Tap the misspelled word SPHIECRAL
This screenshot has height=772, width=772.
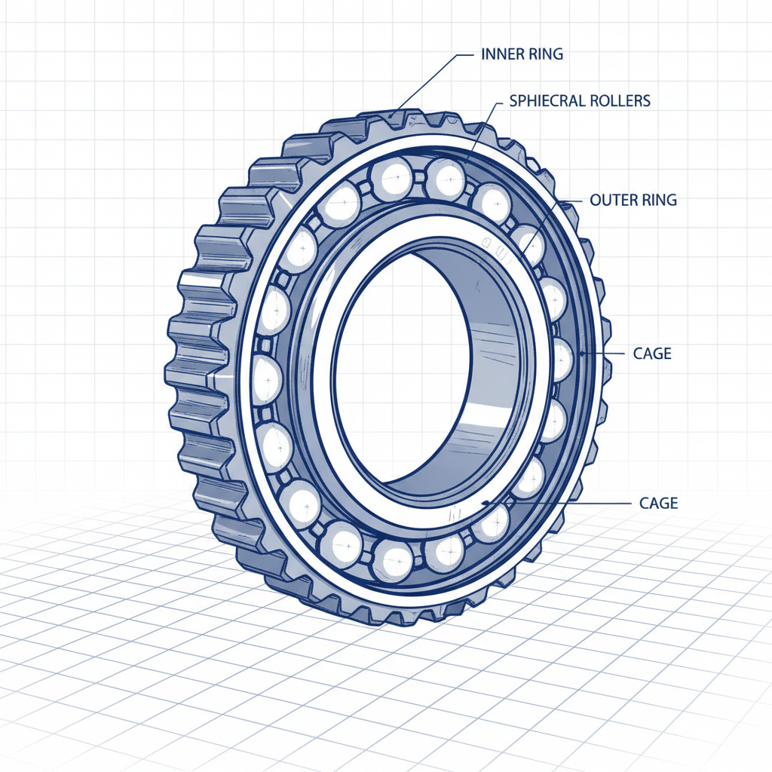click(544, 100)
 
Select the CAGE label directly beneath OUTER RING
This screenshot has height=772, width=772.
click(652, 353)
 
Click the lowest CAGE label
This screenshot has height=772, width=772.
click(658, 502)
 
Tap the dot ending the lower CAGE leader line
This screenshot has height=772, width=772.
click(487, 502)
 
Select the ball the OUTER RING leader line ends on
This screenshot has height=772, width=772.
click(530, 245)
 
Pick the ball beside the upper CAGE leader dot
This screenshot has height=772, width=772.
click(562, 358)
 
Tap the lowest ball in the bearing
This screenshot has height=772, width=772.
click(393, 560)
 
